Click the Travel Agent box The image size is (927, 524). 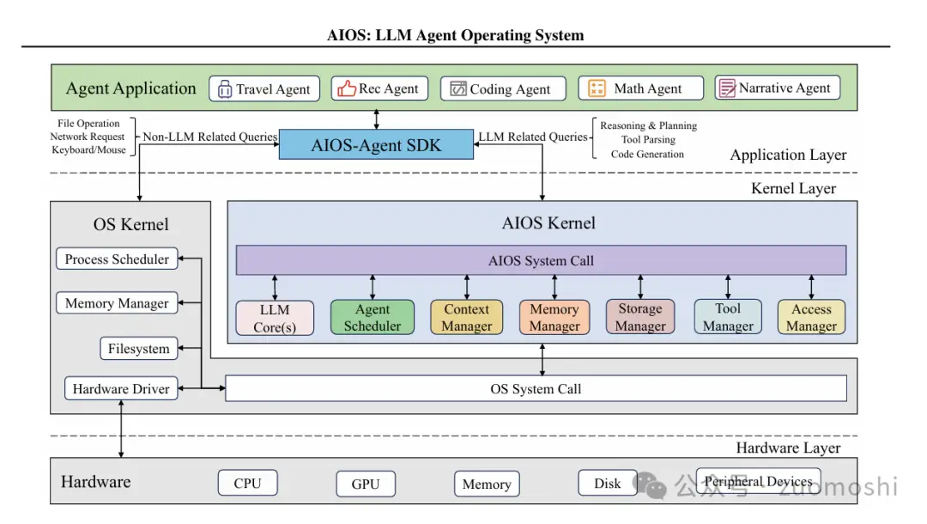tap(264, 88)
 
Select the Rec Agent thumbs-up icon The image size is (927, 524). tap(347, 88)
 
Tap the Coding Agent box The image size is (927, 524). tap(503, 88)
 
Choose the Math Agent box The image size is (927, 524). tap(640, 88)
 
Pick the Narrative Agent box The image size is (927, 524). tap(777, 88)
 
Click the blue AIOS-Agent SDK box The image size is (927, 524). tap(376, 144)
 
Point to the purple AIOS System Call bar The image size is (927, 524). tap(541, 260)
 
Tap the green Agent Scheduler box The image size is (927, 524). tap(373, 318)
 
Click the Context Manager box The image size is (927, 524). tap(466, 318)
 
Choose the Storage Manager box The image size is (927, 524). tap(640, 318)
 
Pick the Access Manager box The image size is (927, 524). tap(811, 318)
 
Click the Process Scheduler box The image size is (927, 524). tap(118, 259)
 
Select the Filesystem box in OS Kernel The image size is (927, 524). tap(139, 349)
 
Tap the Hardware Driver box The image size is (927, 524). tap(121, 388)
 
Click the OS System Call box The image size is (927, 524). tap(536, 388)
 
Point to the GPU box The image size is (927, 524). tap(365, 484)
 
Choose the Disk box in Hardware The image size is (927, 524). tap(607, 483)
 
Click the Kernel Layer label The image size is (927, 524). tap(792, 188)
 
